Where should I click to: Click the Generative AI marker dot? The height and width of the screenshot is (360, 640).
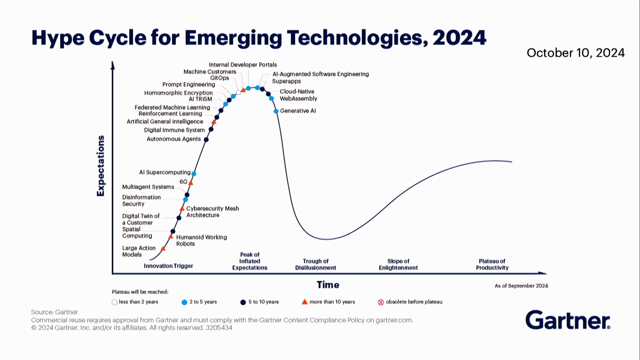[276, 111]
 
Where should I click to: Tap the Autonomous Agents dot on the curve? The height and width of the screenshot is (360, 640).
[206, 140]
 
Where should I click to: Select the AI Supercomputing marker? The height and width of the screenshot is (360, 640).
[194, 174]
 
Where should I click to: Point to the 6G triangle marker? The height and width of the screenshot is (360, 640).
[191, 183]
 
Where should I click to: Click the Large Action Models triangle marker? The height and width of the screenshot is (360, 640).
[163, 248]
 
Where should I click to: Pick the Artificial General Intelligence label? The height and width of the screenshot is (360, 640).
[165, 122]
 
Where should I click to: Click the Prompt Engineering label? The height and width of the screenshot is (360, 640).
[189, 85]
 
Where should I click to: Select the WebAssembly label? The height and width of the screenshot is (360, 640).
[298, 99]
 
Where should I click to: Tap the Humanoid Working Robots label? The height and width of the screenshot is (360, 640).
[201, 240]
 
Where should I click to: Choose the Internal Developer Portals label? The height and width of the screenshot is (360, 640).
[243, 65]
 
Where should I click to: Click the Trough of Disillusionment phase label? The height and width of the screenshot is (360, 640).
[316, 264]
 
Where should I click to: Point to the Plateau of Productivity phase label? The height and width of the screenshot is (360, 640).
[492, 264]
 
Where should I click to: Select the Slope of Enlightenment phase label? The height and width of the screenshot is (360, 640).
[398, 264]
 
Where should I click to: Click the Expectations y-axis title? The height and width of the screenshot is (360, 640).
[100, 166]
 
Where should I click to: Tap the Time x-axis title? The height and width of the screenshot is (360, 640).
[328, 285]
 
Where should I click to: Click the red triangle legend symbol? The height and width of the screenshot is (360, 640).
[305, 302]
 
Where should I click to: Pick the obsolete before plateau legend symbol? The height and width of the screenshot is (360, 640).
[381, 302]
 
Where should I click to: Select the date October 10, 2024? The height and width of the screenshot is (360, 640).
[576, 53]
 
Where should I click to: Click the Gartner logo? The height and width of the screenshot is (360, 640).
[568, 320]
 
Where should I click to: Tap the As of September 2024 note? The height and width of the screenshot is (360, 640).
[521, 286]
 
